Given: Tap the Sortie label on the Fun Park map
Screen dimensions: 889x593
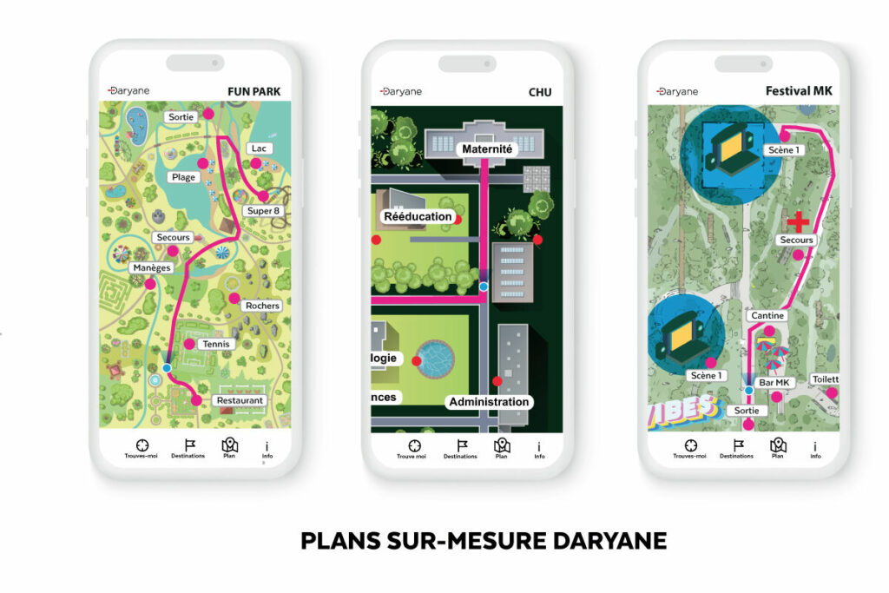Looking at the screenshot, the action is click(x=181, y=116).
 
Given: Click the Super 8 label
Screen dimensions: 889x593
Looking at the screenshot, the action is click(x=263, y=211).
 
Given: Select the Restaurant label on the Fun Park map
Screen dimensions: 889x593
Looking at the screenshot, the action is click(x=240, y=400).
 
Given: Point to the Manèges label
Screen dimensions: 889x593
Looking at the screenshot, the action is click(x=150, y=268).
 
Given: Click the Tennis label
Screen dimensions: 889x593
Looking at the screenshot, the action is click(x=215, y=345).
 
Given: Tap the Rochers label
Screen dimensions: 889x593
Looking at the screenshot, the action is click(x=262, y=306).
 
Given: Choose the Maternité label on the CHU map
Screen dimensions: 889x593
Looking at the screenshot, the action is click(x=488, y=149).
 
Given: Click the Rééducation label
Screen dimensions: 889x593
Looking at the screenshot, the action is click(x=418, y=216).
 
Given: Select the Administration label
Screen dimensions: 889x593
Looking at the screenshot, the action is click(x=489, y=402).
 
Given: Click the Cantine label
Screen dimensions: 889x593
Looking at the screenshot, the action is click(x=767, y=316).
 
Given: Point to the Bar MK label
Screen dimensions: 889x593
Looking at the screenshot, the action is click(x=774, y=383).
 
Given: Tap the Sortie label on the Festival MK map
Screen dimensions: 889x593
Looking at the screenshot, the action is click(x=747, y=410).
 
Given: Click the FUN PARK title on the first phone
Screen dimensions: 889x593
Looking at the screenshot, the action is click(x=254, y=91).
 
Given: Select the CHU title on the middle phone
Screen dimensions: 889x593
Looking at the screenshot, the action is click(x=540, y=92).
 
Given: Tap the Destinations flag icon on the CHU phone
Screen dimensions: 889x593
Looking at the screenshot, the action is click(x=459, y=446).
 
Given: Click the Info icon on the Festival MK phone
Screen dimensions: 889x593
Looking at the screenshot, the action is click(x=815, y=448).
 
